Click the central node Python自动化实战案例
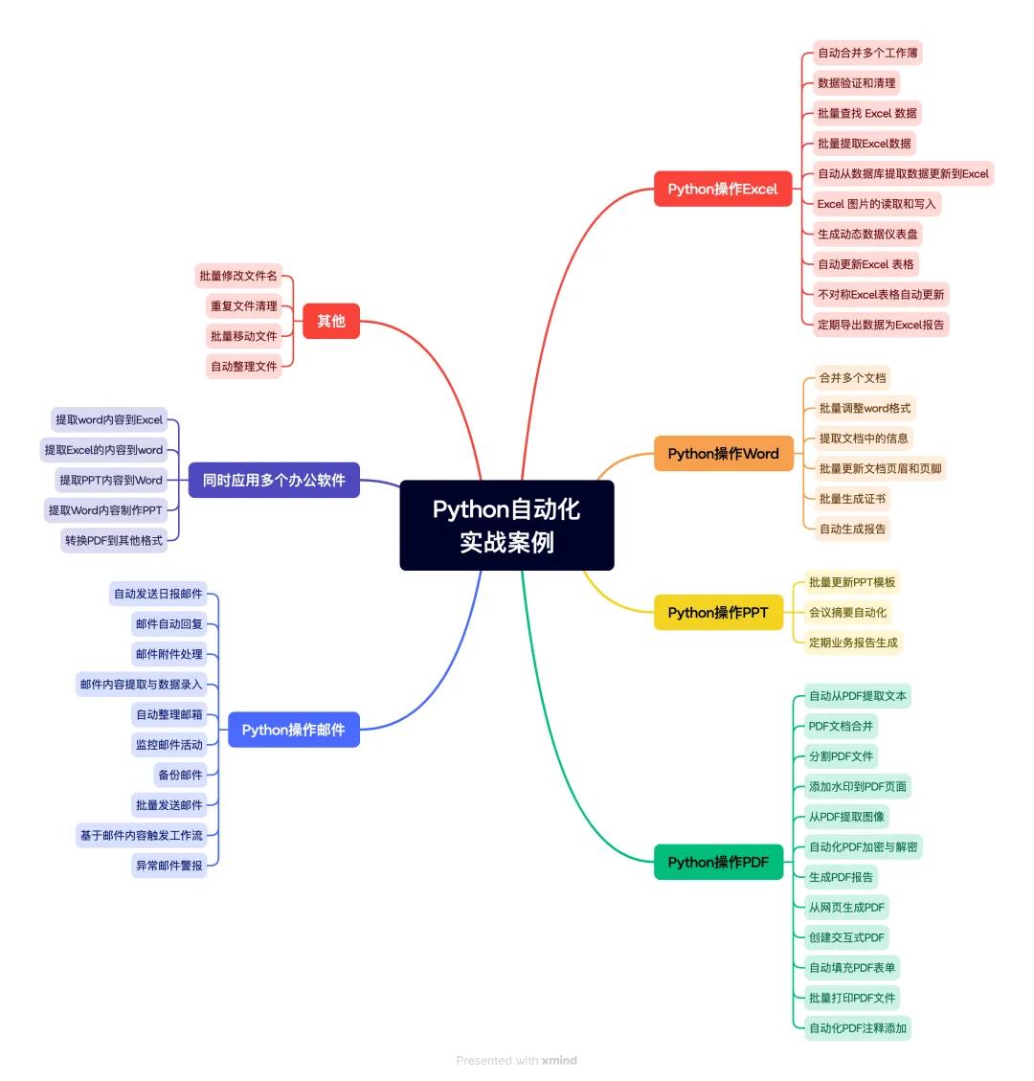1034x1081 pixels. (x=506, y=526)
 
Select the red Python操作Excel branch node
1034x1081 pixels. (x=723, y=189)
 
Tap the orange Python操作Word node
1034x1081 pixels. (x=723, y=454)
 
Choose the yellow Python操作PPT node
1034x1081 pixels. (x=718, y=613)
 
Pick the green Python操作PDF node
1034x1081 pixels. (x=718, y=862)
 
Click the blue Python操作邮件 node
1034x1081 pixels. (x=293, y=730)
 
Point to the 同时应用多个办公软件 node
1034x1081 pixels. (x=274, y=480)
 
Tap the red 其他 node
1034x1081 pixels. (x=330, y=321)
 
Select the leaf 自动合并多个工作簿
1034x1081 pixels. (x=867, y=53)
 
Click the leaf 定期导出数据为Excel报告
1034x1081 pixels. (x=881, y=325)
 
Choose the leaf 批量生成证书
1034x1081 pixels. (x=852, y=499)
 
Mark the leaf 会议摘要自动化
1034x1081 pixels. (x=847, y=613)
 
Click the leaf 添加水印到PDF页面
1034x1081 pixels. (x=858, y=787)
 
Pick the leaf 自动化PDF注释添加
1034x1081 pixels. (x=858, y=1028)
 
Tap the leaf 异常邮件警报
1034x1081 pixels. (x=169, y=866)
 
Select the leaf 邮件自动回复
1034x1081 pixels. (x=169, y=624)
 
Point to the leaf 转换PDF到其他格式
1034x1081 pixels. (x=114, y=541)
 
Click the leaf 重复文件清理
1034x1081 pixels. (x=244, y=306)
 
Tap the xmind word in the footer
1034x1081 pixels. (x=559, y=1061)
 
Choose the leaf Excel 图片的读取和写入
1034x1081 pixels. (x=876, y=204)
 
